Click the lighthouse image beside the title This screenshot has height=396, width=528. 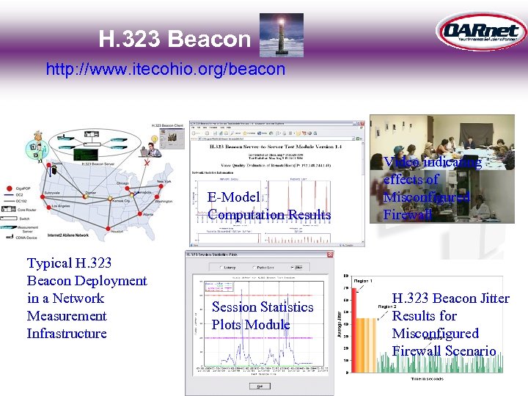pos(282,35)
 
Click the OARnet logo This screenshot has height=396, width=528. pos(480,32)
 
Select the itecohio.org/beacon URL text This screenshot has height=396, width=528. pos(165,70)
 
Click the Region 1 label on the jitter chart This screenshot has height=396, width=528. pos(363,282)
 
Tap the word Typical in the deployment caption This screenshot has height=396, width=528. pos(49,263)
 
